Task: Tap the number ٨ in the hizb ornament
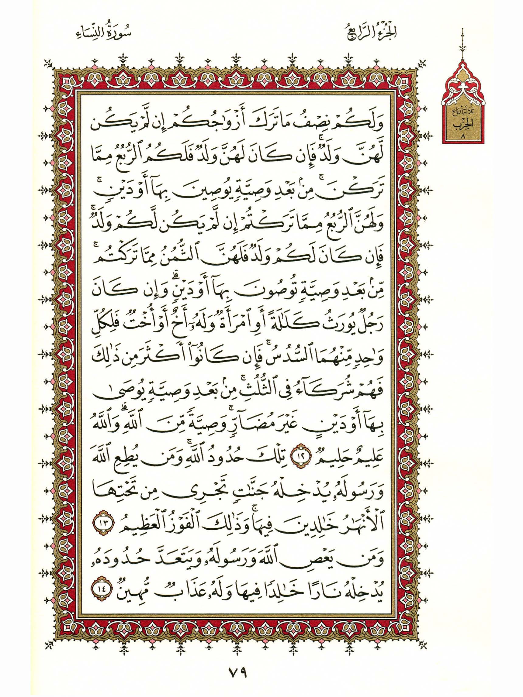coord(462,137)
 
